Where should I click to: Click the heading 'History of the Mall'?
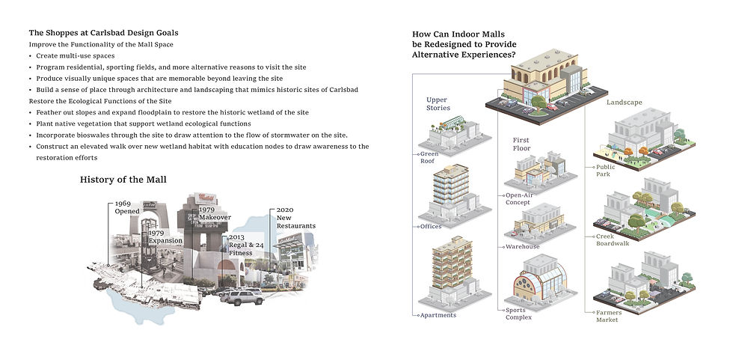(123, 180)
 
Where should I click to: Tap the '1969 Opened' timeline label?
(127, 207)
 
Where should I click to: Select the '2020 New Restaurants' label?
(295, 218)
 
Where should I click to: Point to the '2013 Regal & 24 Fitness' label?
(242, 244)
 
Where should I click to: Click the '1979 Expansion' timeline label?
(165, 237)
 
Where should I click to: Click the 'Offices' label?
(431, 226)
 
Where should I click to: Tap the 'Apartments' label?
(438, 315)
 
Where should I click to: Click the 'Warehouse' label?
(524, 245)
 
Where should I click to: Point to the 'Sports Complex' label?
(518, 312)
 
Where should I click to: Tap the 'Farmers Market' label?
(608, 317)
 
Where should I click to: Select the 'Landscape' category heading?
(624, 102)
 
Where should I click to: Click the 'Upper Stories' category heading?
(438, 103)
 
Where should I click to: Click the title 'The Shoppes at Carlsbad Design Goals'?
(103, 33)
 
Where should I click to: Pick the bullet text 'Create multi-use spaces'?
(72, 56)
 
